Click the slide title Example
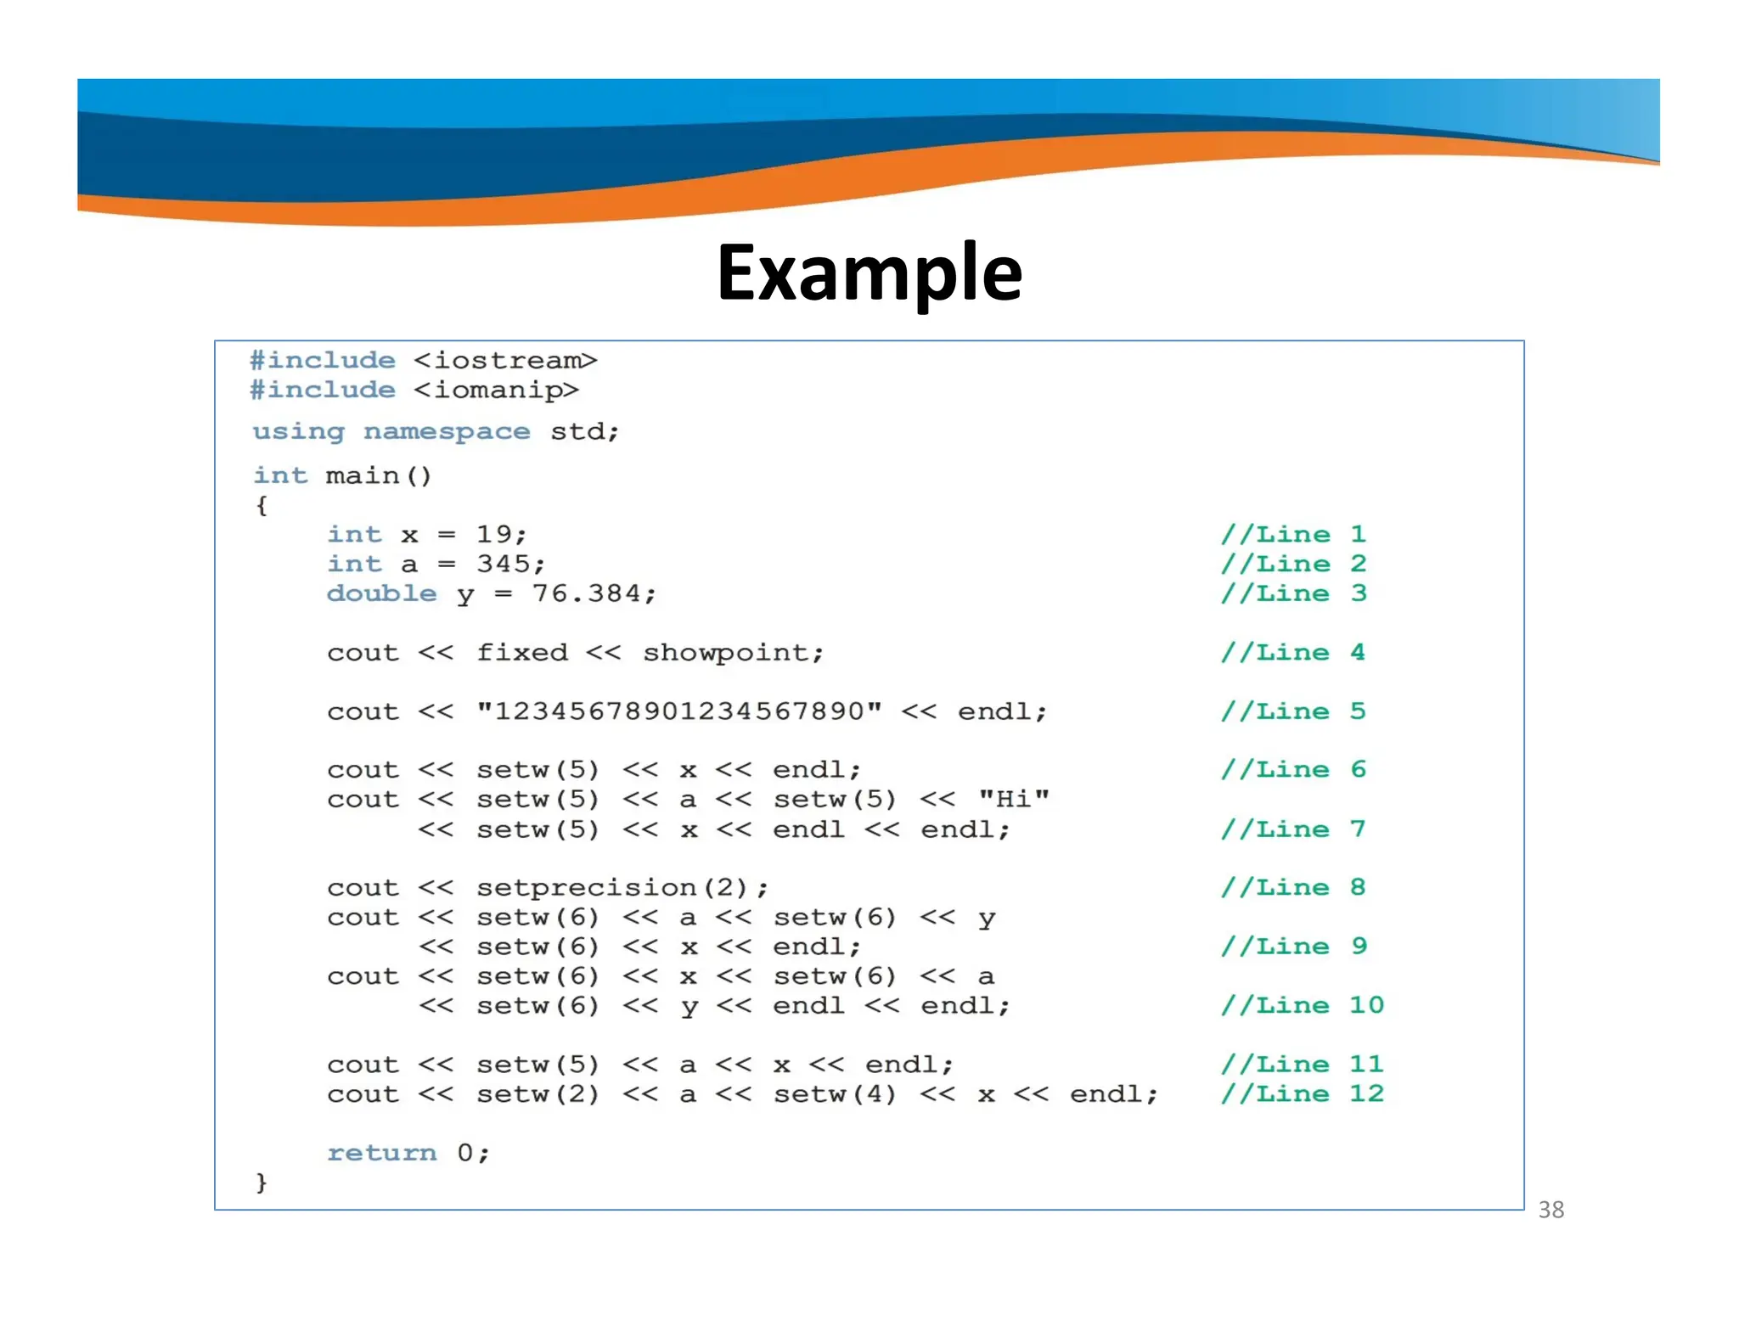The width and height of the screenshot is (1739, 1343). coord(869,273)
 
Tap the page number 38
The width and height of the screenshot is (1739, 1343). coord(1550,1210)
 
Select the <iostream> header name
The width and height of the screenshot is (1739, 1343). coord(506,361)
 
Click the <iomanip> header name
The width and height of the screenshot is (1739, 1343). coord(497,391)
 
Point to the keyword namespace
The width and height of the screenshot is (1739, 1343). coord(447,432)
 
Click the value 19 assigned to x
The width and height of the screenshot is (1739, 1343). coord(494,535)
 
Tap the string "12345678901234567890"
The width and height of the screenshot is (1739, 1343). coord(679,711)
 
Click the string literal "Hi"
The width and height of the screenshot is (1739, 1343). coord(1014,800)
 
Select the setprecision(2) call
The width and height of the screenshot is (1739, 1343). coord(612,888)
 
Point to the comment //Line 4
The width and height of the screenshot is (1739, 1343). coord(1293,653)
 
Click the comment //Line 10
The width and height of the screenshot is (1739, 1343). coord(1302,1006)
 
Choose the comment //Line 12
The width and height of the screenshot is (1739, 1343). coord(1302,1094)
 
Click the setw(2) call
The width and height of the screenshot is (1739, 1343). coord(537,1094)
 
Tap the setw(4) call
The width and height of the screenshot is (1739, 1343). coord(835,1094)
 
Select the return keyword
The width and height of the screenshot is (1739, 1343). coord(382,1153)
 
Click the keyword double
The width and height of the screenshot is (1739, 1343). coord(382,594)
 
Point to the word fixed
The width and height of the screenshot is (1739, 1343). coord(521,653)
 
